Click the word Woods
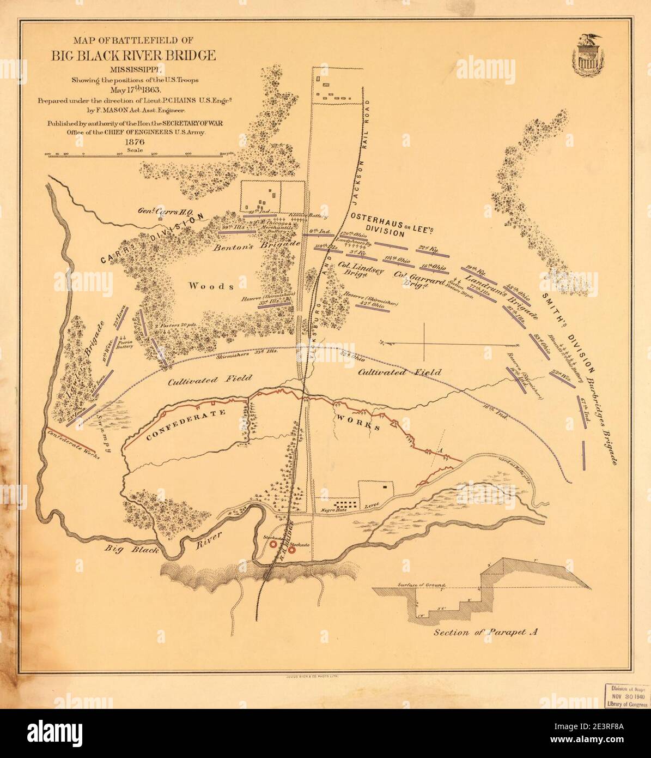coord(211,286)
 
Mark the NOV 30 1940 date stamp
coord(626,694)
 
